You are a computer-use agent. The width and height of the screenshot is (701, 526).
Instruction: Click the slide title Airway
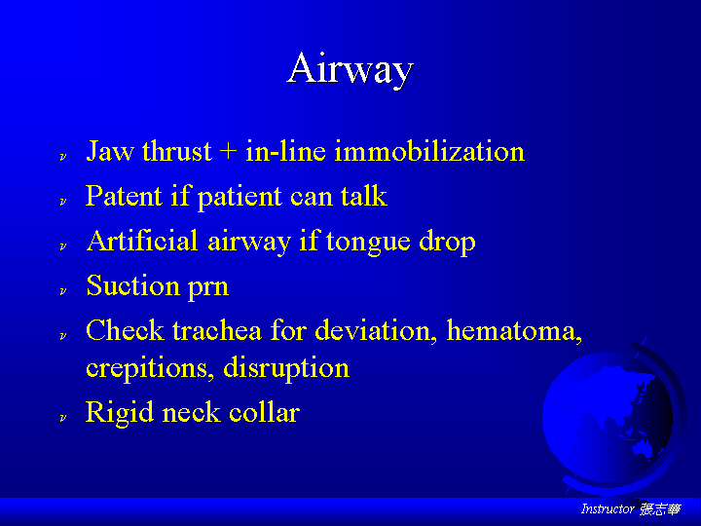[x=350, y=69]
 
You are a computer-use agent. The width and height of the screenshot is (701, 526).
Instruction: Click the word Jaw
[x=109, y=151]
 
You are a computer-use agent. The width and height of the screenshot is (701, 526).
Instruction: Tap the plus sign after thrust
[x=228, y=151]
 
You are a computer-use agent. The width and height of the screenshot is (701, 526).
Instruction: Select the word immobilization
[x=429, y=151]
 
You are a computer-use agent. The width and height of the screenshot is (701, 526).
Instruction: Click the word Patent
[x=124, y=196]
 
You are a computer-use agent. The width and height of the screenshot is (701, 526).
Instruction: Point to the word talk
[x=363, y=196]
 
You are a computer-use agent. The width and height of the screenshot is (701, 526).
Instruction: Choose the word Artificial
[x=142, y=241]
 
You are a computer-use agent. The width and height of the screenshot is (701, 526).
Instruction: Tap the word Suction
[x=132, y=284]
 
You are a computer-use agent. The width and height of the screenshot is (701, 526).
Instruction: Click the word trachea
[x=217, y=330]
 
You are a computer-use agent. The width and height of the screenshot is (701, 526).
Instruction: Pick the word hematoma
[x=514, y=330]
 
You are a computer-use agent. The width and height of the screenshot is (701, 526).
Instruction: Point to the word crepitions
[x=147, y=369]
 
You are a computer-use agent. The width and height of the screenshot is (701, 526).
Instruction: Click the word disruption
[x=286, y=369]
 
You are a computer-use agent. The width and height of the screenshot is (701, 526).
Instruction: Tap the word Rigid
[x=119, y=412]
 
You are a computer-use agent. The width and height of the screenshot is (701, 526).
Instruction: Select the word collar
[x=264, y=411]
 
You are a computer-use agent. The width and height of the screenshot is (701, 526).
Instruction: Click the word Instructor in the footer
[x=608, y=508]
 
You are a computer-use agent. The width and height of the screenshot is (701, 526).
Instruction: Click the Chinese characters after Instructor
[x=660, y=509]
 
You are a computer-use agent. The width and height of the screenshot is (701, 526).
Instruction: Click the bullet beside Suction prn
[x=63, y=290]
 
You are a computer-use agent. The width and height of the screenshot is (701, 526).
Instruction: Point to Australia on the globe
[x=643, y=446]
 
